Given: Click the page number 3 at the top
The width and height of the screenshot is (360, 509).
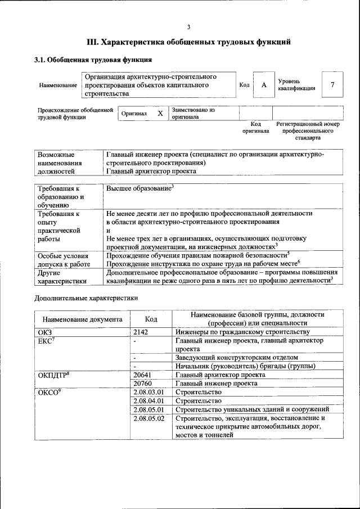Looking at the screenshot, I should coord(189,27).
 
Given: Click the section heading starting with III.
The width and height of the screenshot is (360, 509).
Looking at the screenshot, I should coord(189,42).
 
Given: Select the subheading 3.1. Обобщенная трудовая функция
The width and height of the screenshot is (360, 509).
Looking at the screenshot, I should coord(93,60).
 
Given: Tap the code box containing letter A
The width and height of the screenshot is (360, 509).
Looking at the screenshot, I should coord(263,85).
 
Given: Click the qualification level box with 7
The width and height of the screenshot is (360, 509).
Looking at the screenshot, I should coord(332,85).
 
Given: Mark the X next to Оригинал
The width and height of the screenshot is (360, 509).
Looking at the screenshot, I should coord(160,113).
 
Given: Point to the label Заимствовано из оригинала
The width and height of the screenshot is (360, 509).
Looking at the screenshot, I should coord(194,113).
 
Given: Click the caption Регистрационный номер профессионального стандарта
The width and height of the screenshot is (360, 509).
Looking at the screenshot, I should coord(308,130).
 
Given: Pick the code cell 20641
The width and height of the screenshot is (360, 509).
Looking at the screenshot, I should coord(142,374).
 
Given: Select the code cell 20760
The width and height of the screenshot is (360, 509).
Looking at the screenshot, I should coord(142,383).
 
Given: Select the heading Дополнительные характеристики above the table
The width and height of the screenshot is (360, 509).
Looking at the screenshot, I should coord(86,298).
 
